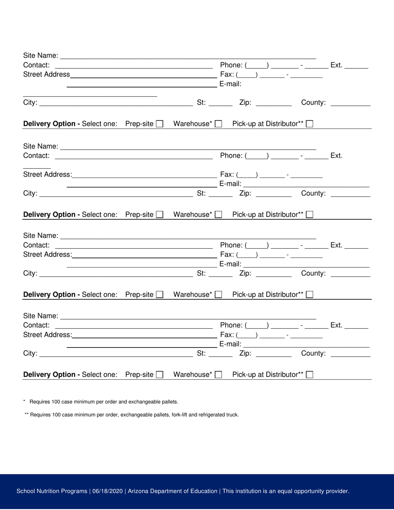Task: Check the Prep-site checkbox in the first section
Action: coord(159,124)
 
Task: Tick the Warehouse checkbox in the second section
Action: coord(219,215)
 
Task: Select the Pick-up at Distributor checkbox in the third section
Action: coord(309,295)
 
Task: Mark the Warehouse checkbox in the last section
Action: coord(219,375)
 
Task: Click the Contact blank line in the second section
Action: coord(134,156)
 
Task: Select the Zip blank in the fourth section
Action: coord(274,354)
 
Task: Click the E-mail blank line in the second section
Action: coord(306,184)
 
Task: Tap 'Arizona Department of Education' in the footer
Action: coord(173,491)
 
